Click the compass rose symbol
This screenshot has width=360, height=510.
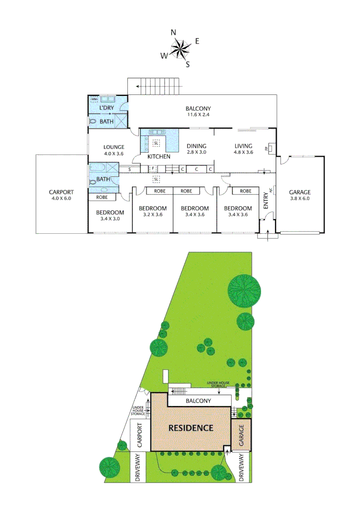180,48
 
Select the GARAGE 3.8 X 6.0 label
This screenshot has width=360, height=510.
300,195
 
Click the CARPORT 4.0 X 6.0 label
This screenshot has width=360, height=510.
61,195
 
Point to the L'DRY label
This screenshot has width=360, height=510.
106,108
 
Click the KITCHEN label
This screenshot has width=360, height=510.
159,156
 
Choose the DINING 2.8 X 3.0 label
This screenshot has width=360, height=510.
197,149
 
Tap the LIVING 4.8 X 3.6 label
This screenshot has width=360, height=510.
243,149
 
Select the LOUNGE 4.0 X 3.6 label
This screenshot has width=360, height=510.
114,150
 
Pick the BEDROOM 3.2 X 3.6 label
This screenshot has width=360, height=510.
152,211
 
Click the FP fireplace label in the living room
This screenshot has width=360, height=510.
267,149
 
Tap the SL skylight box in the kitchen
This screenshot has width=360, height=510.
156,144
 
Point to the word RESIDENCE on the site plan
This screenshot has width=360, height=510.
191,428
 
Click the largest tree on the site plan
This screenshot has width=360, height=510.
244,291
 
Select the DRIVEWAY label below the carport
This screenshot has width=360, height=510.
138,467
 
